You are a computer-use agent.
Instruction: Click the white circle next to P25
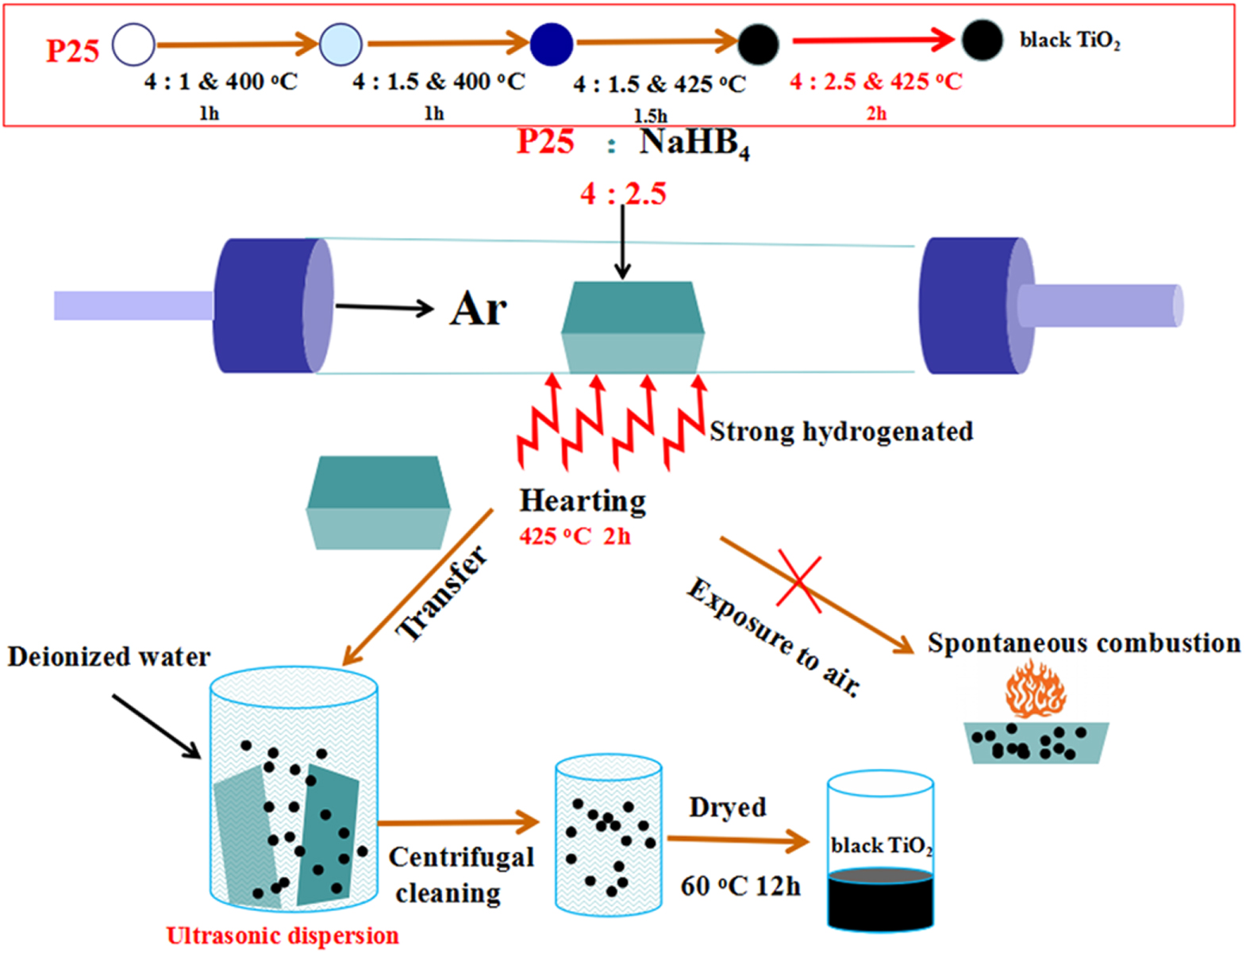pyautogui.click(x=133, y=44)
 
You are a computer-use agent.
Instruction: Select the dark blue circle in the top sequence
pyautogui.click(x=551, y=44)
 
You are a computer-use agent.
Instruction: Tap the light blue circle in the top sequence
pyautogui.click(x=340, y=44)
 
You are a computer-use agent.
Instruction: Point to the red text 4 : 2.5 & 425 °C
pyautogui.click(x=875, y=82)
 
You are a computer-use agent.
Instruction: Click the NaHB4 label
pyautogui.click(x=694, y=144)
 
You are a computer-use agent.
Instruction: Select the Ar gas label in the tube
pyautogui.click(x=478, y=309)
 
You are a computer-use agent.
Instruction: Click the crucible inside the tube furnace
pyautogui.click(x=633, y=327)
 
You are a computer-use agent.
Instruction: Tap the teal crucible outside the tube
pyautogui.click(x=379, y=502)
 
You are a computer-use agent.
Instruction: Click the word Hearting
pyautogui.click(x=583, y=501)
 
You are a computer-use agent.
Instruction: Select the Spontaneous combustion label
pyautogui.click(x=1083, y=643)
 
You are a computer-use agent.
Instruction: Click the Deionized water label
pyautogui.click(x=109, y=657)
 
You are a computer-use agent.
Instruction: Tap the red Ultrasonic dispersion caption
pyautogui.click(x=282, y=936)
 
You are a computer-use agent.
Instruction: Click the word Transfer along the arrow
pyautogui.click(x=441, y=593)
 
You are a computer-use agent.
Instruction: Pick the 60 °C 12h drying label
pyautogui.click(x=740, y=886)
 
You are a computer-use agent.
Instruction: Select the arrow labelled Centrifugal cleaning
pyautogui.click(x=458, y=823)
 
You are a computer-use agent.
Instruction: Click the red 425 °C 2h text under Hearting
pyautogui.click(x=575, y=537)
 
